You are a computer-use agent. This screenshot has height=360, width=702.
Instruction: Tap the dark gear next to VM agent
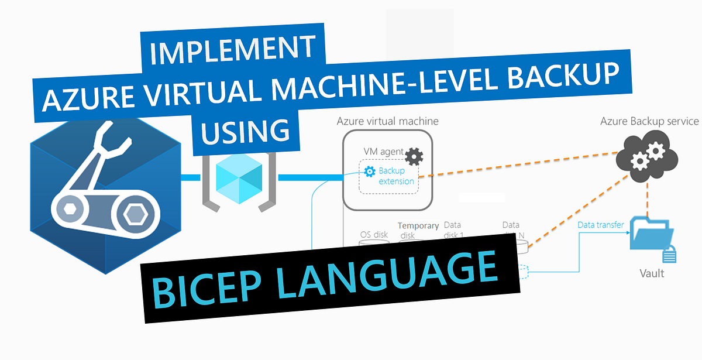click(414, 156)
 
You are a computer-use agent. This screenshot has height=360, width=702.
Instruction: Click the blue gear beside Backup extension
click(369, 172)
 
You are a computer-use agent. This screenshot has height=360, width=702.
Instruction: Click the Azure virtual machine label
click(387, 121)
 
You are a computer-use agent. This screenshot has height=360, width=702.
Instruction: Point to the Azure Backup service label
click(649, 121)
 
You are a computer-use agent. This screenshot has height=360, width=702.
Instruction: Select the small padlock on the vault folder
click(670, 255)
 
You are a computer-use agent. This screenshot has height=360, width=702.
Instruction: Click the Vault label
click(652, 273)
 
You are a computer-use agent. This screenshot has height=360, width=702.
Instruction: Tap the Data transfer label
click(601, 225)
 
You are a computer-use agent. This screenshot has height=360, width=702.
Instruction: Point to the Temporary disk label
click(418, 230)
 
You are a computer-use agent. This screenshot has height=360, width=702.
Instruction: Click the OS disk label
click(373, 235)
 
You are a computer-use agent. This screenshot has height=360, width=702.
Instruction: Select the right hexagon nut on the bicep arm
click(136, 214)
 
